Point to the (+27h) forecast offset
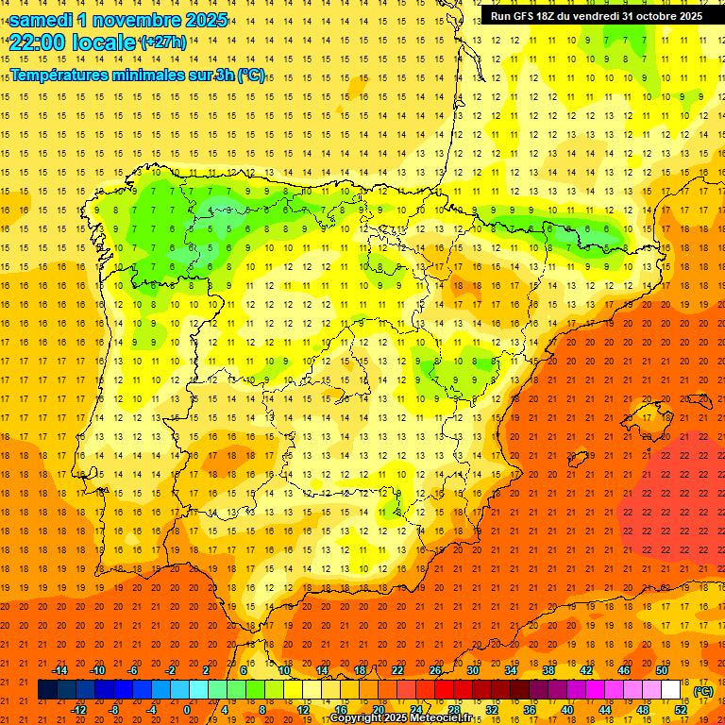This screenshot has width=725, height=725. pyautogui.click(x=162, y=42)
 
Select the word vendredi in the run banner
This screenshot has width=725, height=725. pyautogui.click(x=599, y=15)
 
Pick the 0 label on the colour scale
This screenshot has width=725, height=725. pyautogui.click(x=188, y=710)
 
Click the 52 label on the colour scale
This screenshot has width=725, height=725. pyautogui.click(x=681, y=710)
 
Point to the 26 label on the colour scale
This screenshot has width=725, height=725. pyautogui.click(x=435, y=670)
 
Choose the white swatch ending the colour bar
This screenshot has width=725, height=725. pyautogui.click(x=670, y=690)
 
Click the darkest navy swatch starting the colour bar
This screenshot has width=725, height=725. pyautogui.click(x=47, y=690)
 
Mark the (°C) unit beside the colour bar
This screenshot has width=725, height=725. pyautogui.click(x=702, y=691)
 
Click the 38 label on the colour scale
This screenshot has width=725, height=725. pyautogui.click(x=548, y=670)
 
